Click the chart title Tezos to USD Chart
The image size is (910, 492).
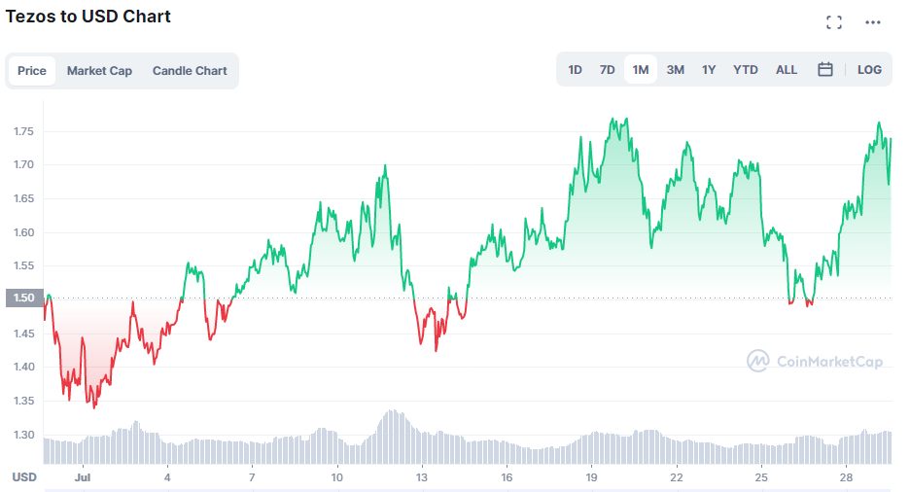[88, 17]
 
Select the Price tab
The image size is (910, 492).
[32, 71]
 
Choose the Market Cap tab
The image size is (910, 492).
[99, 71]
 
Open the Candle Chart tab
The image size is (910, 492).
[190, 71]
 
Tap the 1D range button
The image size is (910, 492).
[575, 70]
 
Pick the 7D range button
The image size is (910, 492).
[607, 70]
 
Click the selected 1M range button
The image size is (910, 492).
[641, 70]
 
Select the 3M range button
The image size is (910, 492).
[675, 70]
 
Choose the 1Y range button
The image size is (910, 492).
[709, 70]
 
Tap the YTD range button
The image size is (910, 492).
[746, 70]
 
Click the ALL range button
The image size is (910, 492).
[787, 70]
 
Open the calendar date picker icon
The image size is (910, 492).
[825, 70]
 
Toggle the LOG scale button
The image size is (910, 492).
[869, 70]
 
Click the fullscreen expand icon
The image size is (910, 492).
[834, 22]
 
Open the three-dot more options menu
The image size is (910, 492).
[872, 22]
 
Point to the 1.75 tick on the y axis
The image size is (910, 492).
[24, 131]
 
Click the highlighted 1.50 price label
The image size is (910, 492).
[23, 299]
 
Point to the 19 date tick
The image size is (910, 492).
[591, 477]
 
